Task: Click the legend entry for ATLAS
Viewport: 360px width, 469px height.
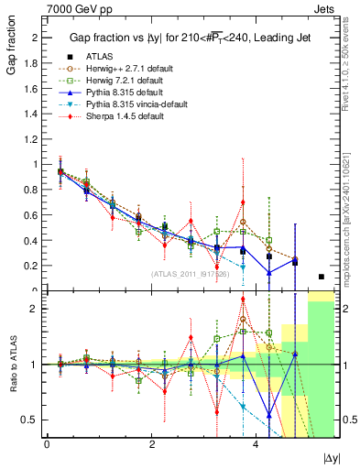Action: click(x=99, y=56)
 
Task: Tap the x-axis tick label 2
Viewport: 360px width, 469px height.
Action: click(x=151, y=444)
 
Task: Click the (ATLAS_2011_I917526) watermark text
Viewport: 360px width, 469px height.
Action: click(x=189, y=274)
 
